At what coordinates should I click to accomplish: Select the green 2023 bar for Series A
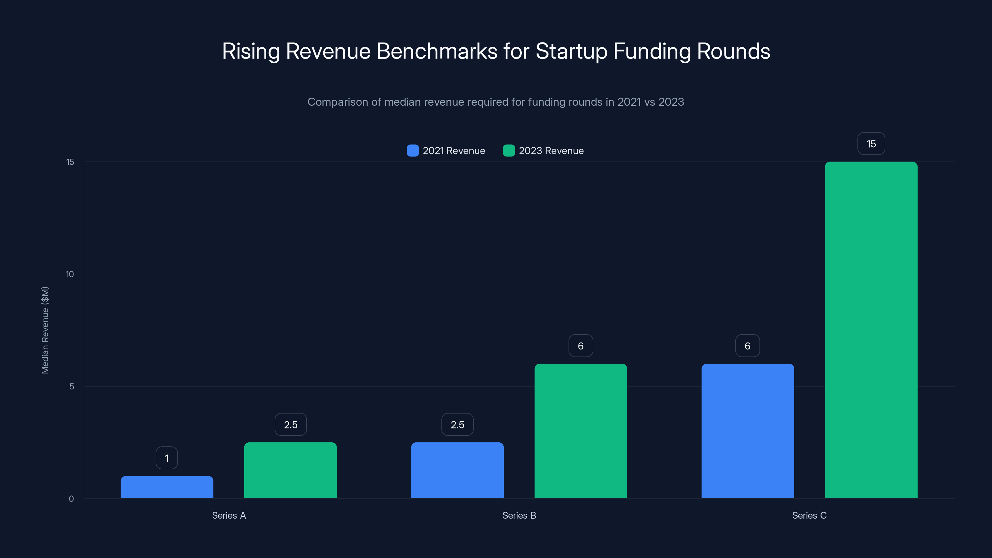pos(290,470)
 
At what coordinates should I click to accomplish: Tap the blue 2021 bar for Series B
pos(457,470)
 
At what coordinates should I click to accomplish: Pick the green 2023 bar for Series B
pos(581,431)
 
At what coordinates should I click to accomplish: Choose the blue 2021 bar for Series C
pos(747,431)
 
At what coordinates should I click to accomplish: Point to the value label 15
pos(871,144)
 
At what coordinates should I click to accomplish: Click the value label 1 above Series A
pos(167,458)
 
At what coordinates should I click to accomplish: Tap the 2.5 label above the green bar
pos(290,424)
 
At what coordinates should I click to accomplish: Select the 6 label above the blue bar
pos(747,346)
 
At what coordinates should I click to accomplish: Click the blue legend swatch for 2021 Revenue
pos(412,151)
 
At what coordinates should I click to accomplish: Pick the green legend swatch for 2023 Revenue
pos(509,151)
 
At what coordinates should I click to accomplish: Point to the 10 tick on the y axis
pos(70,274)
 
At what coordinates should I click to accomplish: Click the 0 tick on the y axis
pos(71,499)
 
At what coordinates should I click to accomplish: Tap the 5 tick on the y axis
pos(72,386)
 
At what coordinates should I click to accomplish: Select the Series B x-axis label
pos(519,515)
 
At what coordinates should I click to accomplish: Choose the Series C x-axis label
pos(809,515)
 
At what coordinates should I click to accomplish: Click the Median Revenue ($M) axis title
pos(45,330)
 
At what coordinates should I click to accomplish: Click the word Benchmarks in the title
pos(437,51)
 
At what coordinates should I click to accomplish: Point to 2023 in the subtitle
pos(671,102)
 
